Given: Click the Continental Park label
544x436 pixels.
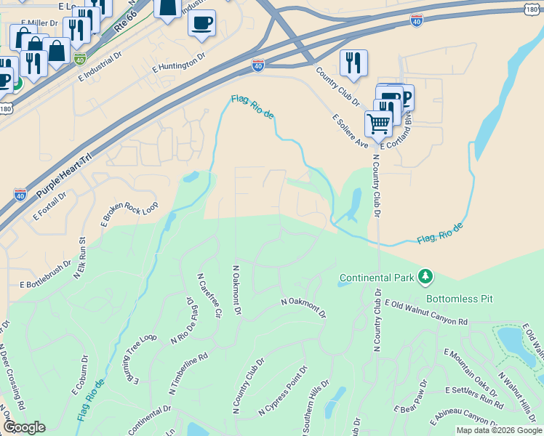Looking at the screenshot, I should pos(376,278).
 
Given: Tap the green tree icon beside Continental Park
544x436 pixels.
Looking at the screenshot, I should pos(425,277).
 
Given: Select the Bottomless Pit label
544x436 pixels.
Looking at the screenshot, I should pos(459,299).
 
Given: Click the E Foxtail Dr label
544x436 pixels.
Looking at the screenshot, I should pos(49,206).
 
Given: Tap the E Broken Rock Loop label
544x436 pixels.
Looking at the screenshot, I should pos(129,214).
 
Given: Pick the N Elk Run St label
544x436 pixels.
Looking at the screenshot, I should pos(79,258).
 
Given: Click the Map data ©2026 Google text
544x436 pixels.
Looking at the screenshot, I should pos(499,430).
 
